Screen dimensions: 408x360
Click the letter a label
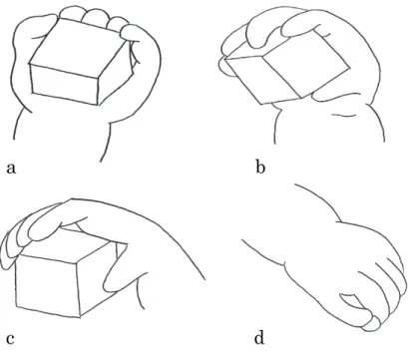tap(11, 169)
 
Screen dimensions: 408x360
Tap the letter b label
tap(260, 167)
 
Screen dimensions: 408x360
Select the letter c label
tap(10, 339)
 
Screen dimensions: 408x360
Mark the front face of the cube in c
tap(47, 286)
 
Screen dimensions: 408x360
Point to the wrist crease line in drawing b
tap(342, 115)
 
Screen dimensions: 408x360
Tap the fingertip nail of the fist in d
tap(375, 324)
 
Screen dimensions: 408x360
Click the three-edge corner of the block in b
tap(262, 55)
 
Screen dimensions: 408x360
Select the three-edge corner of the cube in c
tap(77, 261)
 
